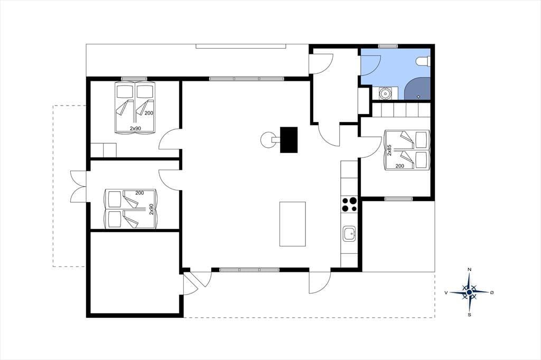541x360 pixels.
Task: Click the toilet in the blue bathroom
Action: tap(424, 61)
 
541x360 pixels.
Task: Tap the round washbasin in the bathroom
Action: tap(385, 93)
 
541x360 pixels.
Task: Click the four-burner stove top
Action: tap(349, 204)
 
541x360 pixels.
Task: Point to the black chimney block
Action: tap(289, 140)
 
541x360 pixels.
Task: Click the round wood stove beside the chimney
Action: tap(268, 140)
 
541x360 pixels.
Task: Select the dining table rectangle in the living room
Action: tap(293, 224)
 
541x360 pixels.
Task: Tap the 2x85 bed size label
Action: tap(389, 150)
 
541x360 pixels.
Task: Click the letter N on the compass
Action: tap(469, 269)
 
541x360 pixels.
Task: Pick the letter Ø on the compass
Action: tap(492, 292)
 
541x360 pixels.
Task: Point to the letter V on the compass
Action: tap(446, 293)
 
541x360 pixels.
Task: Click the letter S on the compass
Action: tap(469, 315)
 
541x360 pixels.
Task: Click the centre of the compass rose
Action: tap(469, 292)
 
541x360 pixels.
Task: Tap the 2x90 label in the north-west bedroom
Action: tap(136, 128)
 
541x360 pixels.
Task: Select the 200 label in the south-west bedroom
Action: tap(139, 193)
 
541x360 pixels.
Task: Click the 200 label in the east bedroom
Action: tap(399, 166)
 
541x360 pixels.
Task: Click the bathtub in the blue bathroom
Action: tap(417, 89)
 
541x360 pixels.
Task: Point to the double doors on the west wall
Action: tap(78, 186)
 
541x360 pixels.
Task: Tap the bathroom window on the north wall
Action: tap(388, 46)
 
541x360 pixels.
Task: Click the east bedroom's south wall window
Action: tap(398, 198)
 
